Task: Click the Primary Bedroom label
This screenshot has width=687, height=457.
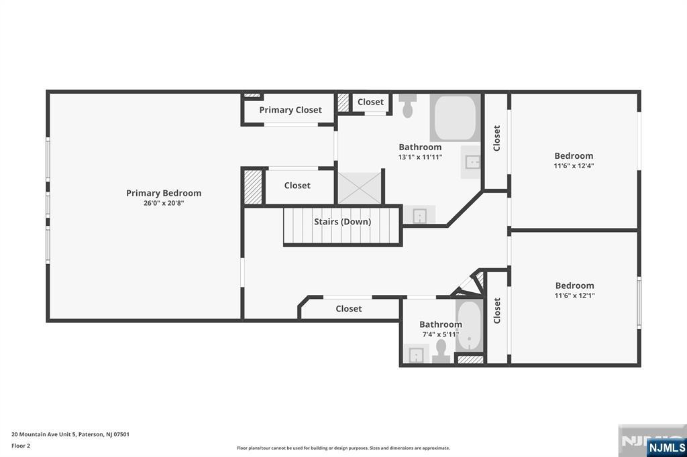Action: point(164,193)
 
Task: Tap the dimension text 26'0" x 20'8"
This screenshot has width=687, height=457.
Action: point(164,203)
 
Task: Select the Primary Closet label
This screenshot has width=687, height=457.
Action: point(290,110)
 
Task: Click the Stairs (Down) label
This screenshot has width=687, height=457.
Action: point(342,222)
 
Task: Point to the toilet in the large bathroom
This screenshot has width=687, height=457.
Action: point(407,107)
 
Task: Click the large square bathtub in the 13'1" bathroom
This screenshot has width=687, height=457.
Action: point(456,118)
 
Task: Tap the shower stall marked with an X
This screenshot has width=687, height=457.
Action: point(360,187)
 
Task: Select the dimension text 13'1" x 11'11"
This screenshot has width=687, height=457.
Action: point(420,157)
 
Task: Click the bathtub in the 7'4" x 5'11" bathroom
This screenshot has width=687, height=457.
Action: point(470,326)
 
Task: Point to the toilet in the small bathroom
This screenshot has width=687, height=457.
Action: point(441,350)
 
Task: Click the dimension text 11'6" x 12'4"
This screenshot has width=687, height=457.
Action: point(574,166)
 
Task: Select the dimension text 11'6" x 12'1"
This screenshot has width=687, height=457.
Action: point(574,296)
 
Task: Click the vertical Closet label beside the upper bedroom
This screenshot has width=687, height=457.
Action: point(497,139)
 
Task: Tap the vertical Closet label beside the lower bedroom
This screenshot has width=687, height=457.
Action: point(497,311)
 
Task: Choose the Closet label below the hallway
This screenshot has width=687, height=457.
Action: point(348,309)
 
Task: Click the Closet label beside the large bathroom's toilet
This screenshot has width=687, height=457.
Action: point(370,102)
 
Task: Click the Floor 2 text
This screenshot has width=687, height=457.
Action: point(21,446)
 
